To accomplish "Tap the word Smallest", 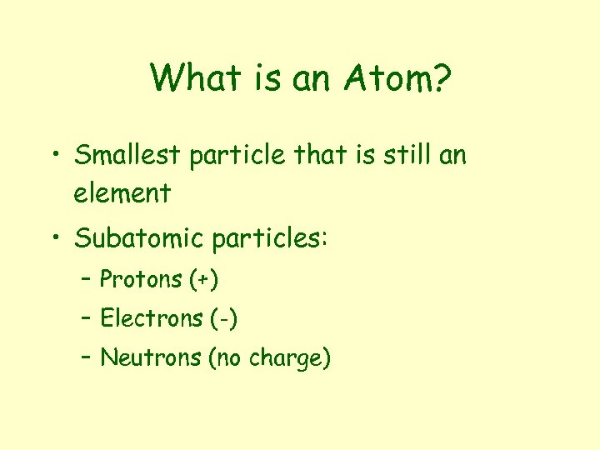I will [x=129, y=155].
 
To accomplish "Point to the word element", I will [x=122, y=193].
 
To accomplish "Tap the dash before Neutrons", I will [x=87, y=359].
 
